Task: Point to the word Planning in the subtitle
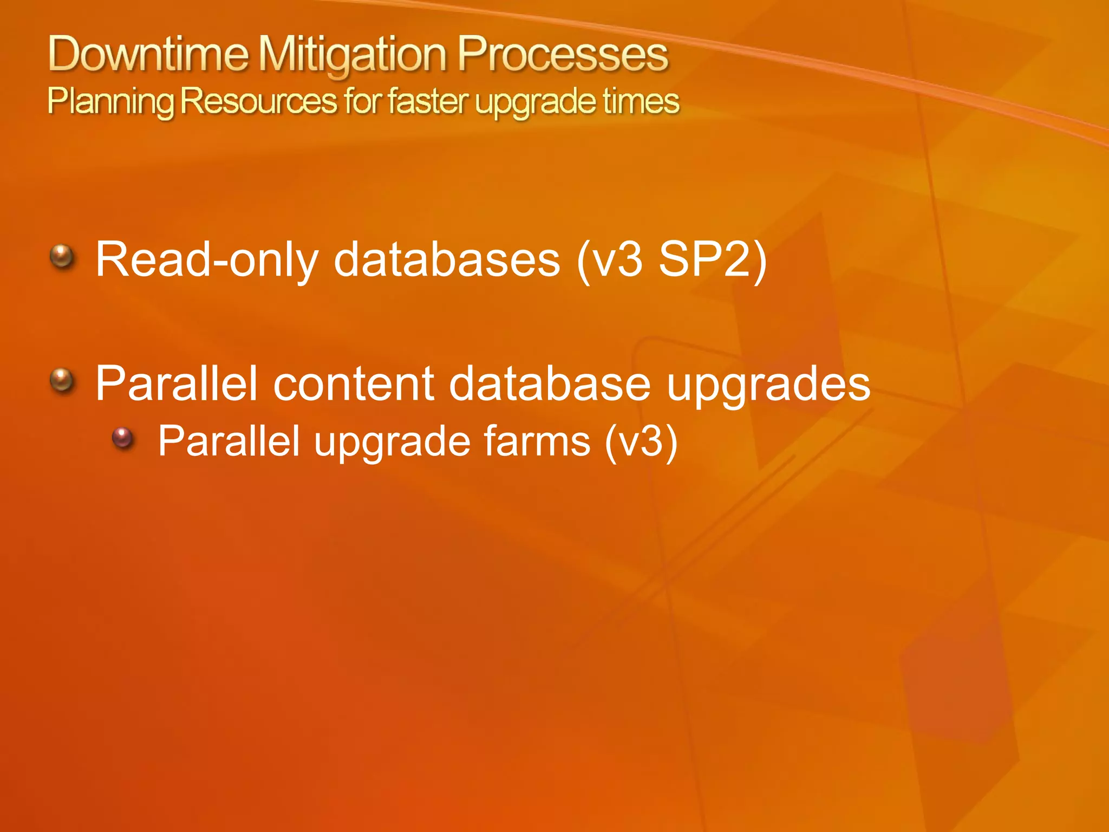tap(110, 102)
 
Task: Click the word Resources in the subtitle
tap(258, 101)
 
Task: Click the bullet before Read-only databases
tap(62, 256)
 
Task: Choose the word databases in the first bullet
tap(447, 259)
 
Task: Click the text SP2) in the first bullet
tap(713, 259)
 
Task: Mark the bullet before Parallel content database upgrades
tap(62, 380)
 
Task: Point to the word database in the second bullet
tap(550, 383)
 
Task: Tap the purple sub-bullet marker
tap(123, 438)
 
